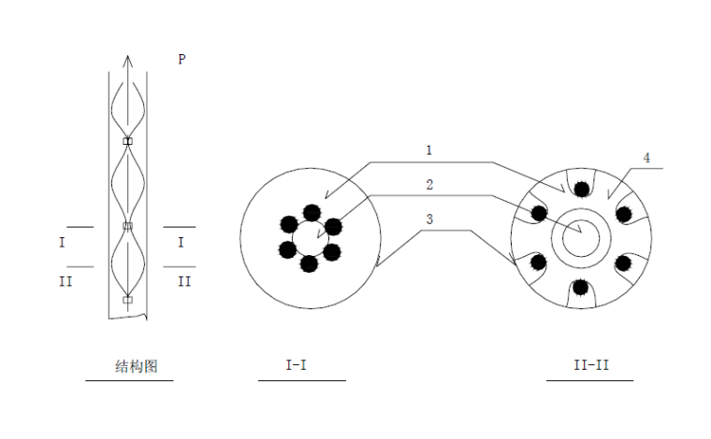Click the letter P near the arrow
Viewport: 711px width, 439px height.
pyautogui.click(x=181, y=59)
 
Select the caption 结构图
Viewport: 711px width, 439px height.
pyautogui.click(x=130, y=365)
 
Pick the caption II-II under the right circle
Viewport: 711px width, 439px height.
pyautogui.click(x=590, y=365)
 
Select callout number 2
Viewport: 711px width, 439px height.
pyautogui.click(x=429, y=185)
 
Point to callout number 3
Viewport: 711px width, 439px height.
pyautogui.click(x=428, y=220)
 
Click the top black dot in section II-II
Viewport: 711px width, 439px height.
pyautogui.click(x=582, y=190)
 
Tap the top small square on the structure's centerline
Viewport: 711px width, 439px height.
pyautogui.click(x=128, y=141)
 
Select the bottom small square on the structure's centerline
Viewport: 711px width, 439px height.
pyautogui.click(x=128, y=300)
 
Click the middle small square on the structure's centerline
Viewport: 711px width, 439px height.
pyautogui.click(x=128, y=226)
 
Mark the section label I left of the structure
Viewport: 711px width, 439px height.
pyautogui.click(x=63, y=242)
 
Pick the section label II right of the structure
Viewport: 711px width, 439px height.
pyautogui.click(x=184, y=280)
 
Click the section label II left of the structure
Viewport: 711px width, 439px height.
pyautogui.click(x=65, y=280)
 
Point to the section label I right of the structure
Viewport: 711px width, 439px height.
pyautogui.click(x=181, y=242)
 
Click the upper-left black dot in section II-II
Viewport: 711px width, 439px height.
pyautogui.click(x=539, y=213)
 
